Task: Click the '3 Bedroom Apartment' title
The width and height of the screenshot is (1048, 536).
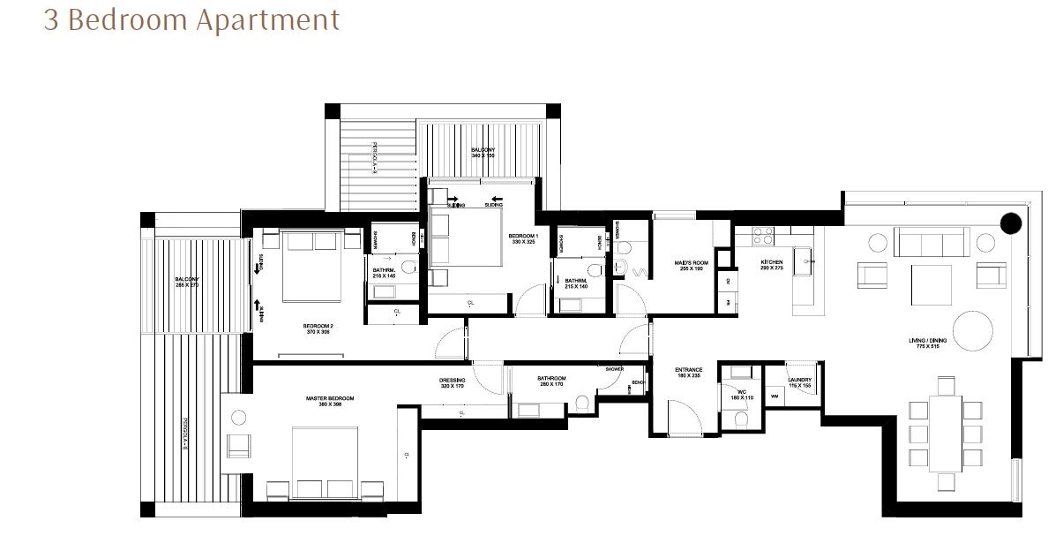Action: pos(191,20)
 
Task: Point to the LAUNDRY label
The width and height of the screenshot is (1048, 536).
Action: pos(799,382)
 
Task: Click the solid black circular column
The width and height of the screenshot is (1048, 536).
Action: pos(1011,223)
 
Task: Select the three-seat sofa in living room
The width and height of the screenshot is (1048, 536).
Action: pos(931,240)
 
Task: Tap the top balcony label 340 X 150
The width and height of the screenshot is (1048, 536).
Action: pos(483,153)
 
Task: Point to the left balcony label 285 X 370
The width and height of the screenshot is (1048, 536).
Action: pos(187,283)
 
